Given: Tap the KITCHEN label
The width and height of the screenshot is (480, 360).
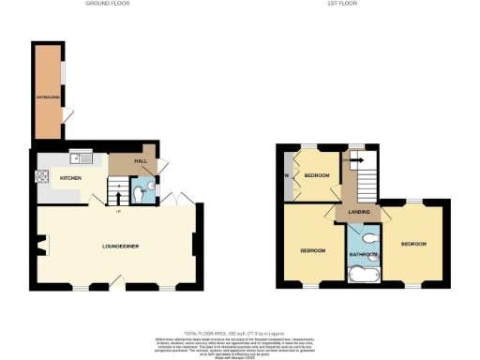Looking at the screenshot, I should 71,177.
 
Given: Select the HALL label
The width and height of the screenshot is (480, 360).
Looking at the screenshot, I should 141,161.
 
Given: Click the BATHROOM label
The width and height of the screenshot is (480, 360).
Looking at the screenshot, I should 364,254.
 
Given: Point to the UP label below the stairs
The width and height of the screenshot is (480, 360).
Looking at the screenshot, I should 118,211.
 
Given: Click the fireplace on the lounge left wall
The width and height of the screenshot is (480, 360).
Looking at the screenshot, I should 40,247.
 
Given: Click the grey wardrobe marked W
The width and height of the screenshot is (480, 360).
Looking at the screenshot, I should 286,174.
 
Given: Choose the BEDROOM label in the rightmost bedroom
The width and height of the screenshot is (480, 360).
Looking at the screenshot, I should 413,244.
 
